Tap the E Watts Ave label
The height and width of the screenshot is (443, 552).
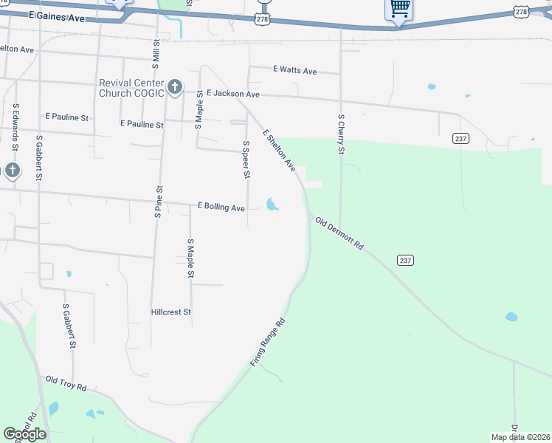tap(294, 71)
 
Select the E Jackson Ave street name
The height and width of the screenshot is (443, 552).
tap(233, 95)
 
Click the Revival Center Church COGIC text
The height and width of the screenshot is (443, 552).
tap(131, 89)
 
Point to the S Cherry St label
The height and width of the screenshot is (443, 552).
tap(341, 134)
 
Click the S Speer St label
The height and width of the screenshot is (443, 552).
tap(246, 159)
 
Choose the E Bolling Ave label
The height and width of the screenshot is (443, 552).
tap(221, 208)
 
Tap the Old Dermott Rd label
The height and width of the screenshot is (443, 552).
tap(340, 233)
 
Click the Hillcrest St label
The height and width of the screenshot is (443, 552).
tap(171, 312)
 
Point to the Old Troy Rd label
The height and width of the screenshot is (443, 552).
tap(66, 384)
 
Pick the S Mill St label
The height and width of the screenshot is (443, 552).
tap(156, 60)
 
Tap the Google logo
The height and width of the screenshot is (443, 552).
tap(24, 434)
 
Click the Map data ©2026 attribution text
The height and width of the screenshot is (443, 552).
tap(521, 437)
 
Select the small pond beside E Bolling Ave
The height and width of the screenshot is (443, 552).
tap(272, 204)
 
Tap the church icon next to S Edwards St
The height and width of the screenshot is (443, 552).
tap(12, 171)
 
